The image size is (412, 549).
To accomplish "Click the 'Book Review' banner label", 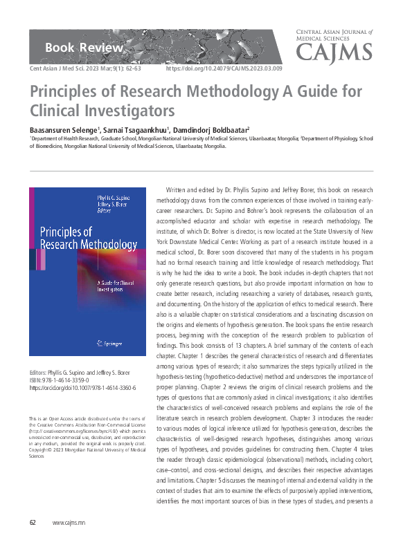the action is [84, 48].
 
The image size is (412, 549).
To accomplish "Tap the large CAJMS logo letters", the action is [333, 52].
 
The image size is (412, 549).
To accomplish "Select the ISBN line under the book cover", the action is [63, 380].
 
